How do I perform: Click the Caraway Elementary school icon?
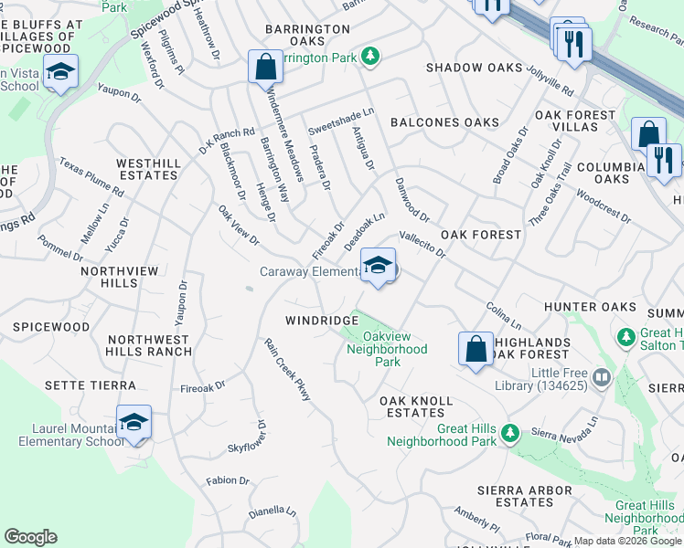pos(378,266)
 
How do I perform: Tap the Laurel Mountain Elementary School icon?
pos(134,422)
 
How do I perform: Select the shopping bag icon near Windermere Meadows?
pos(264,67)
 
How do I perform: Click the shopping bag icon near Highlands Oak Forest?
pos(476,348)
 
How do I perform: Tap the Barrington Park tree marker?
pos(370,57)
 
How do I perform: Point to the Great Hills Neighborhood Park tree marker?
pos(511,431)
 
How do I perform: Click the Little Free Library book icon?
pos(601,376)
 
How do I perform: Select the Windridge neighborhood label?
pos(321,321)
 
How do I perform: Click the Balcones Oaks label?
pos(445,122)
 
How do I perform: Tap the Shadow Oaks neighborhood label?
pos(475,68)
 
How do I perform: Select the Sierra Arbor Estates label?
pos(524,495)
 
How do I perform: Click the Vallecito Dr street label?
pos(422,245)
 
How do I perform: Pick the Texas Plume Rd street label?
pos(91,177)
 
